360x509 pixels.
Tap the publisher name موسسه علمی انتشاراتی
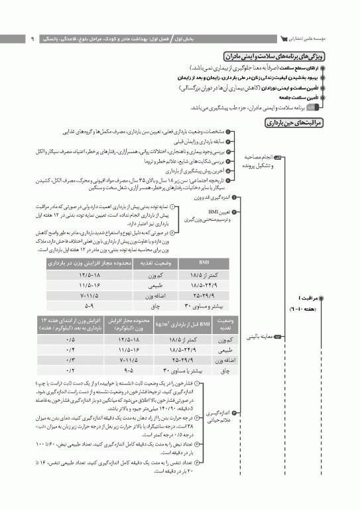coord(320,38)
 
